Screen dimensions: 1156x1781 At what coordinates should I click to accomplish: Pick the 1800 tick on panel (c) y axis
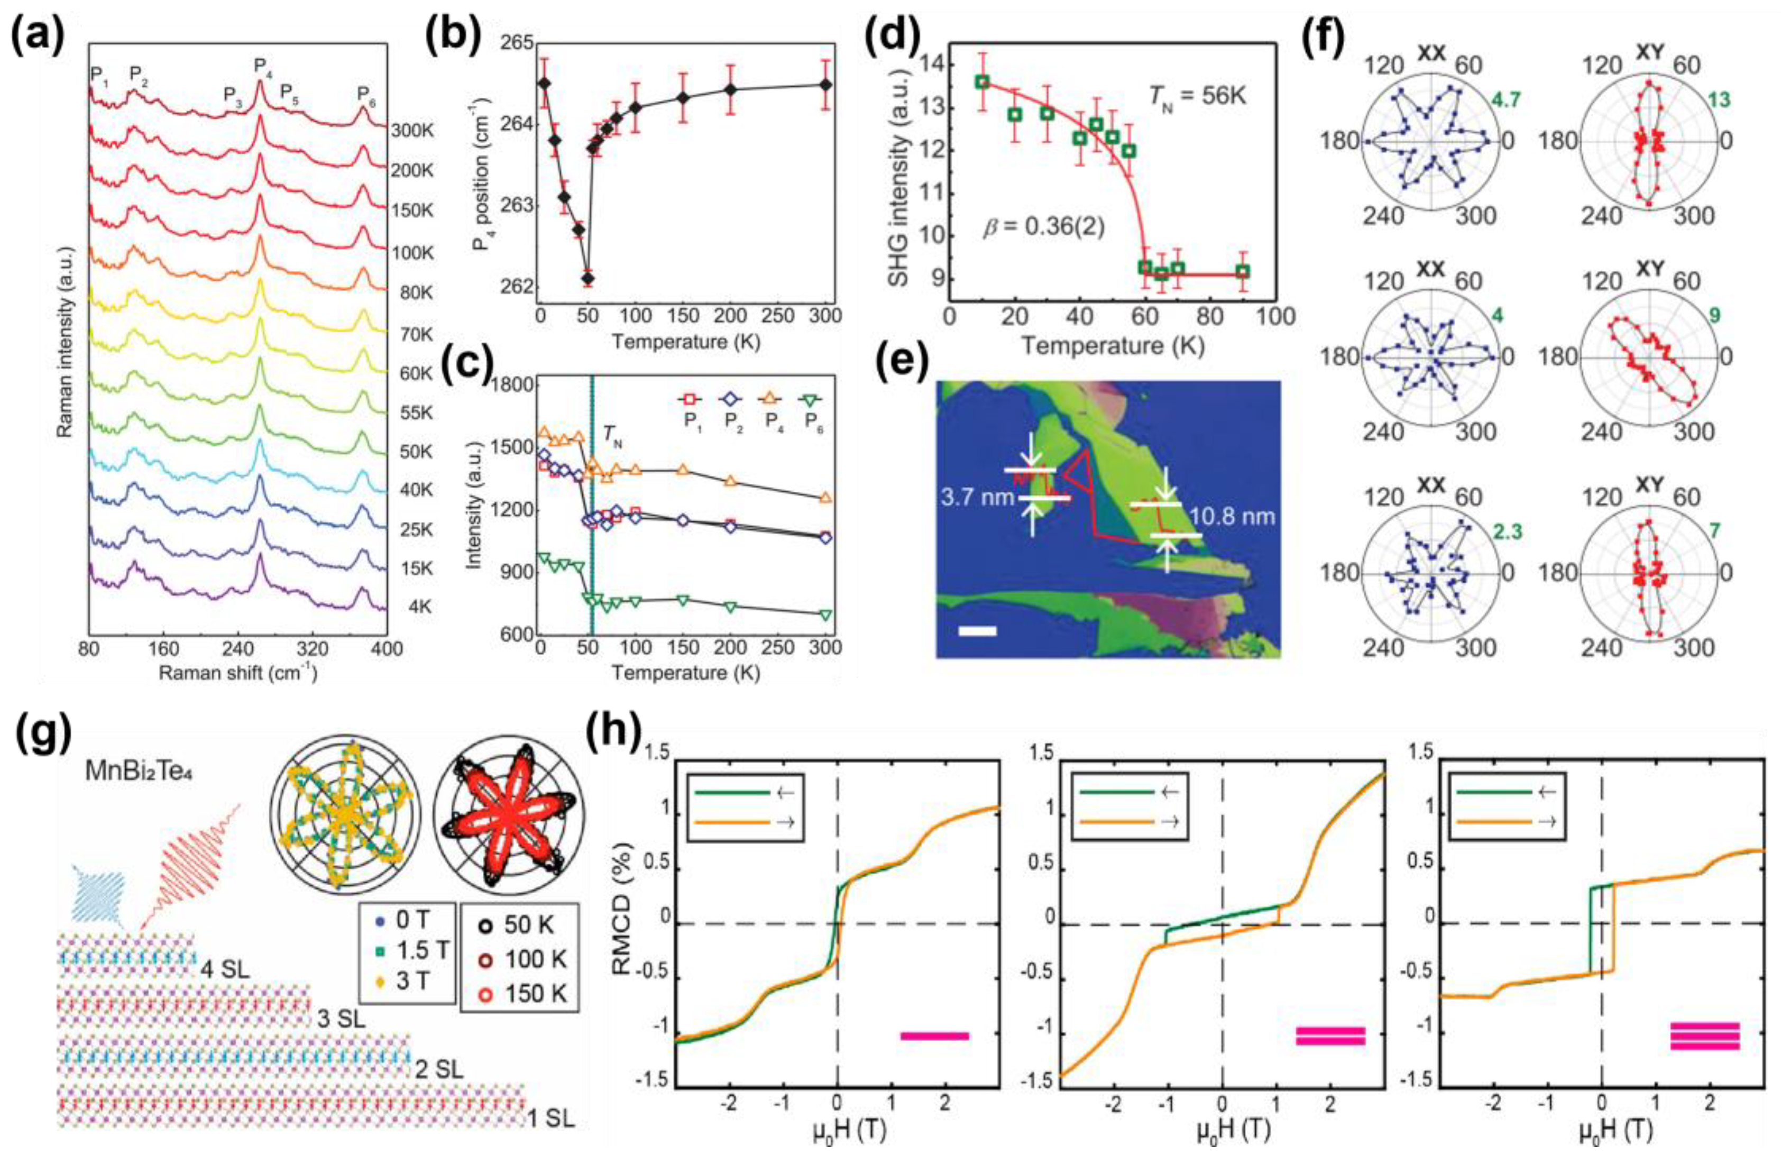click(x=511, y=386)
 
